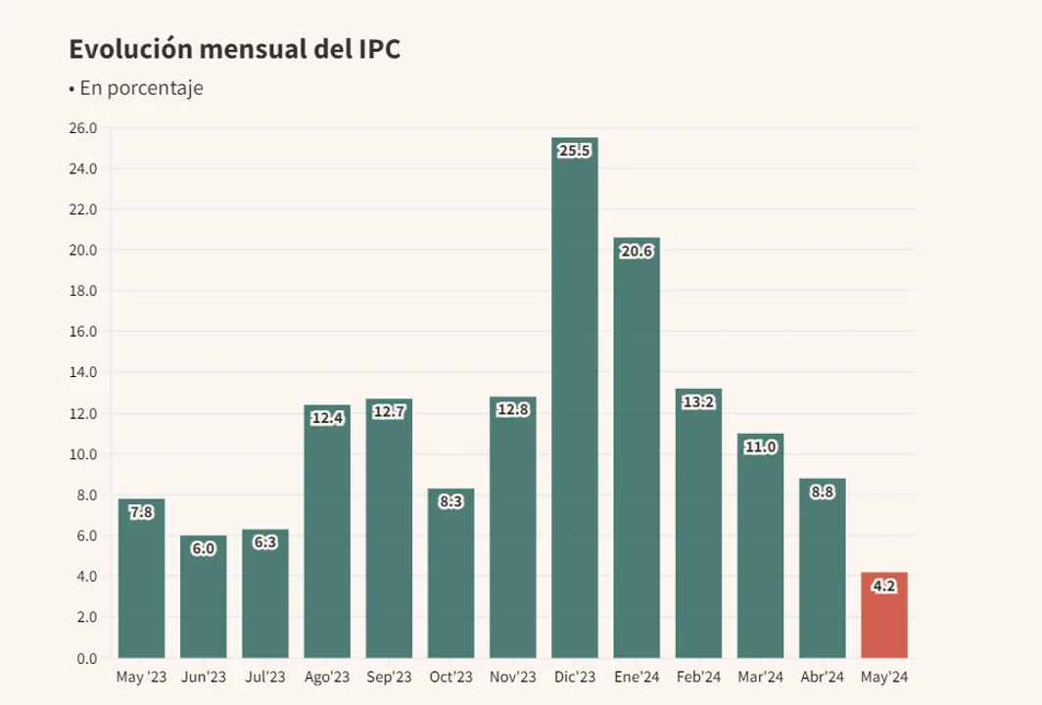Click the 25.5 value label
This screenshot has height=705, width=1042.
point(575,151)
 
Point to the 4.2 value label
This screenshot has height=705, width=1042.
point(884,586)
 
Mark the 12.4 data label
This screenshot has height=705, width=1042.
point(327,418)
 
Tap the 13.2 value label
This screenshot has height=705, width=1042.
point(698,401)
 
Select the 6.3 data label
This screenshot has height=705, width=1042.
point(265,542)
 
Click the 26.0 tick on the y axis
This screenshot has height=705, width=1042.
point(83,128)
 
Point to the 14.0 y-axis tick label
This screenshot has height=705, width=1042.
point(83,372)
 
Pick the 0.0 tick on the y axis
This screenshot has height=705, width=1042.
point(87,658)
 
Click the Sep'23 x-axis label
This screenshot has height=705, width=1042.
point(389,678)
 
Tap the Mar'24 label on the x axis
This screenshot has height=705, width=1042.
point(761,678)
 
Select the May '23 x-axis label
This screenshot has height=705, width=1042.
point(141,678)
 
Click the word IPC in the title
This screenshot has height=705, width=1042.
point(374,49)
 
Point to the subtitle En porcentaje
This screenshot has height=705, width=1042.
point(141,88)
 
